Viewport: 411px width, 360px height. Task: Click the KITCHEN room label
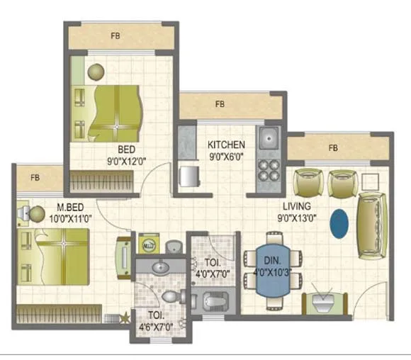pyautogui.click(x=226, y=145)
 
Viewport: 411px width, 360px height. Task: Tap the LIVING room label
pyautogui.click(x=297, y=206)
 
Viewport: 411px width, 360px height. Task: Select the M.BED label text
pyautogui.click(x=70, y=208)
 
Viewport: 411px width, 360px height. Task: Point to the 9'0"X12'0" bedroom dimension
pyautogui.click(x=127, y=162)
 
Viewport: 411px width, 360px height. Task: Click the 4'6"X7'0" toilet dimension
pyautogui.click(x=156, y=327)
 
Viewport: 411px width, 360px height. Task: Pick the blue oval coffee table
pyautogui.click(x=339, y=224)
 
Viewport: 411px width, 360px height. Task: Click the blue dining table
pyautogui.click(x=273, y=270)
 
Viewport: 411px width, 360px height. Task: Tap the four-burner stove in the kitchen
pyautogui.click(x=269, y=170)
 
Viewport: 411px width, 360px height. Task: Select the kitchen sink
pyautogui.click(x=269, y=137)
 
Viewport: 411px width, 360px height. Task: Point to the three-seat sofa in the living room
pyautogui.click(x=373, y=226)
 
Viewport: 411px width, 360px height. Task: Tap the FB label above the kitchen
pyautogui.click(x=220, y=104)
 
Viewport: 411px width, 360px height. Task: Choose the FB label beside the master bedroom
pyautogui.click(x=35, y=178)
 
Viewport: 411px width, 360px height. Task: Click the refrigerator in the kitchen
pyautogui.click(x=189, y=176)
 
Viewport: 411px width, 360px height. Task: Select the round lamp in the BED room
pyautogui.click(x=96, y=72)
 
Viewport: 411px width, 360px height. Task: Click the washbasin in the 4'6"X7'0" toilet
pyautogui.click(x=161, y=267)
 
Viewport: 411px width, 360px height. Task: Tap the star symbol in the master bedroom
pyautogui.click(x=125, y=317)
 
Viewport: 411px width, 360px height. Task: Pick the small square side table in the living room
pyautogui.click(x=371, y=182)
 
